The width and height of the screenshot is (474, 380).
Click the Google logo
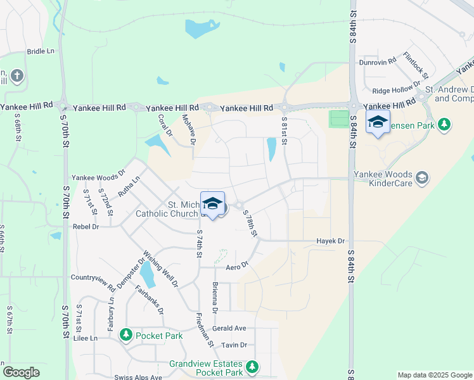(21, 372)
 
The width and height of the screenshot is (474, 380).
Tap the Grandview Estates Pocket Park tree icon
(252, 366)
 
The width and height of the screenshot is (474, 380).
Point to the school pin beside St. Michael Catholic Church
(213, 204)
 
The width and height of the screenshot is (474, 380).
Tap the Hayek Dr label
(331, 241)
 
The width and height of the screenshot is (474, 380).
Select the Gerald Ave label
(229, 329)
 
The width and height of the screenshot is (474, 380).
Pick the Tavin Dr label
(234, 345)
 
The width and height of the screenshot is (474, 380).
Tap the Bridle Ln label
(41, 51)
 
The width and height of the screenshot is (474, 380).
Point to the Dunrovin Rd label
(378, 61)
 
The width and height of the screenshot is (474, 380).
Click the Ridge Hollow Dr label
(397, 89)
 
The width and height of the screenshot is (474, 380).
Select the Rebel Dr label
(86, 226)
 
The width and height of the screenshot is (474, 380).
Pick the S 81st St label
(285, 131)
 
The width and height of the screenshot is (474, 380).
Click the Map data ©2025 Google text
(434, 375)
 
